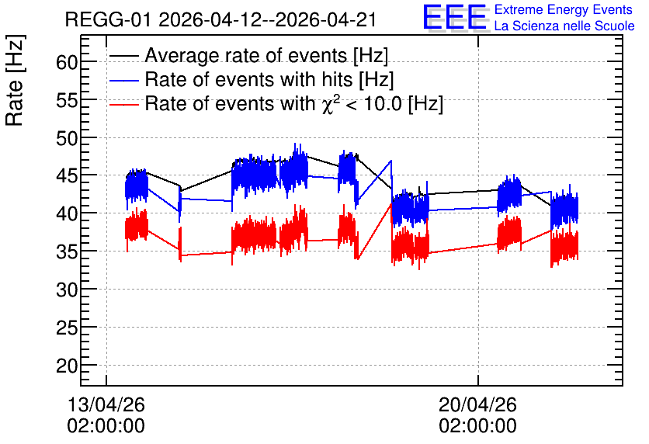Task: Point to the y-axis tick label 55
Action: click(67, 101)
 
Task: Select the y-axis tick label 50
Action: click(67, 139)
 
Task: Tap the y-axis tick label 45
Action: click(67, 177)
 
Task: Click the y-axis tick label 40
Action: click(67, 214)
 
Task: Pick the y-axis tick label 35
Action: click(67, 252)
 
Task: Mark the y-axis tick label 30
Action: click(67, 290)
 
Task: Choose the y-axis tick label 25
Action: click(67, 328)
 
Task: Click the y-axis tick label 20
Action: click(67, 366)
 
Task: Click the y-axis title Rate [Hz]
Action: click(15, 80)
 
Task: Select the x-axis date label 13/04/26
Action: click(106, 404)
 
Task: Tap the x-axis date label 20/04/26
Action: click(477, 404)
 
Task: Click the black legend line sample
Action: click(123, 56)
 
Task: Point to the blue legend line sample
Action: click(123, 80)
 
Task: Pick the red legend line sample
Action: click(123, 104)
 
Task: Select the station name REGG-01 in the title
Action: click(109, 19)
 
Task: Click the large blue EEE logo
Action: click(455, 17)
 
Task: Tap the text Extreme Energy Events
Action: click(564, 9)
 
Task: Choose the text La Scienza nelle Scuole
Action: click(564, 26)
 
